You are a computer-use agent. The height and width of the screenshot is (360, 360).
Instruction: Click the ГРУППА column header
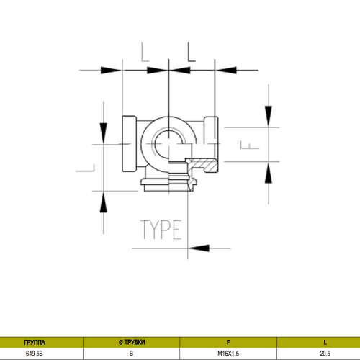(35, 342)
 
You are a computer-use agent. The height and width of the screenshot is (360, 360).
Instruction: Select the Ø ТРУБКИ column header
(132, 342)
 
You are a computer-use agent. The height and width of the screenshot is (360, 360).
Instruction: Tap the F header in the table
(228, 342)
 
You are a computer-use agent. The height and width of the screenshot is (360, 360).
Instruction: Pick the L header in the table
(325, 342)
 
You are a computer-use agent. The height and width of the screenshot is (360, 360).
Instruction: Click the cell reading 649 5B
(35, 354)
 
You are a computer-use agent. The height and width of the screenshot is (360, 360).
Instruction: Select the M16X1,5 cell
(228, 354)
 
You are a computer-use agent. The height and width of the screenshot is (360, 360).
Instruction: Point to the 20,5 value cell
(325, 354)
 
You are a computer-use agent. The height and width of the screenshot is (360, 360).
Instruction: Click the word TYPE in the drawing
(161, 230)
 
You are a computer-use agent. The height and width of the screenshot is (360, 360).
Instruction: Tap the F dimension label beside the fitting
(250, 145)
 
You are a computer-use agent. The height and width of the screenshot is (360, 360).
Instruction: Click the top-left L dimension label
(145, 52)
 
